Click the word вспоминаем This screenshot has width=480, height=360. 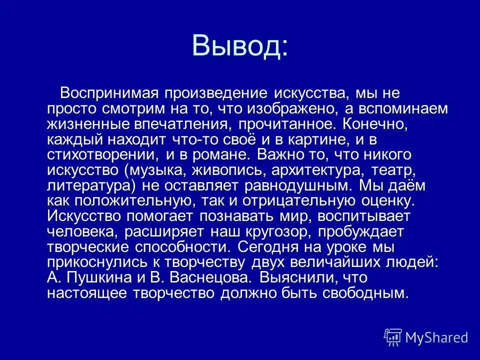405,109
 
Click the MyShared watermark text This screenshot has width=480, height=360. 436,337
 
